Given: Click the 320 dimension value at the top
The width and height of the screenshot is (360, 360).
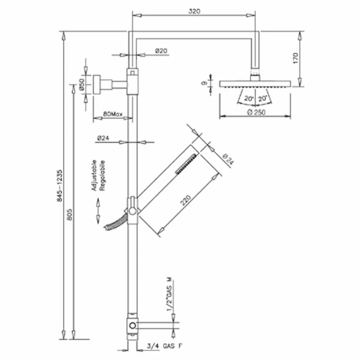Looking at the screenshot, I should [x=195, y=11].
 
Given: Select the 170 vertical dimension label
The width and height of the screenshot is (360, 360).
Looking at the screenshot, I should [x=295, y=59].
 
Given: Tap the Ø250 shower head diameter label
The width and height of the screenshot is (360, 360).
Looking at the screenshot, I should [x=256, y=112].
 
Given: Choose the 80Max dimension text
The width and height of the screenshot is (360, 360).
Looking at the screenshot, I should [x=112, y=114].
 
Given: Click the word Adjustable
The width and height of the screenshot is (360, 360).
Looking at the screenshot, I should [x=94, y=176].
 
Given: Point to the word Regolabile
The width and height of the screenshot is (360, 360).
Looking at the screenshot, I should [x=103, y=176].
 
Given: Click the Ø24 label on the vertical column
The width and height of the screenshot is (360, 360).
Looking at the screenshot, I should [x=104, y=138].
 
